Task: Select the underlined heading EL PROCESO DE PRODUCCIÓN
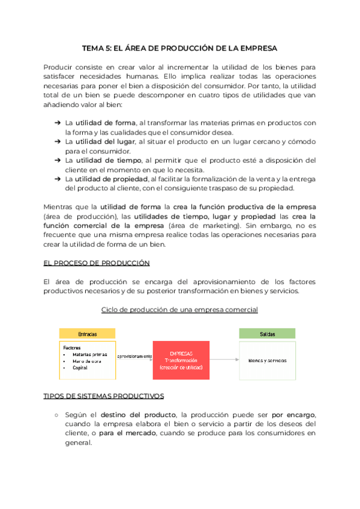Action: click(97, 263)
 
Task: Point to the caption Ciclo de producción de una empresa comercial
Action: click(179, 310)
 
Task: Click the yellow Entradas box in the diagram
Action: click(87, 334)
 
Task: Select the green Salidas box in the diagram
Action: click(267, 334)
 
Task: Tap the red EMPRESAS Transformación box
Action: click(181, 360)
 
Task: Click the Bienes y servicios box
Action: click(267, 360)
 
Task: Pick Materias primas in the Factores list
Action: click(90, 354)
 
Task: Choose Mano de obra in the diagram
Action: click(88, 361)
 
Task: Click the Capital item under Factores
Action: click(80, 367)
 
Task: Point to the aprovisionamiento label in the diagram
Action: click(134, 356)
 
